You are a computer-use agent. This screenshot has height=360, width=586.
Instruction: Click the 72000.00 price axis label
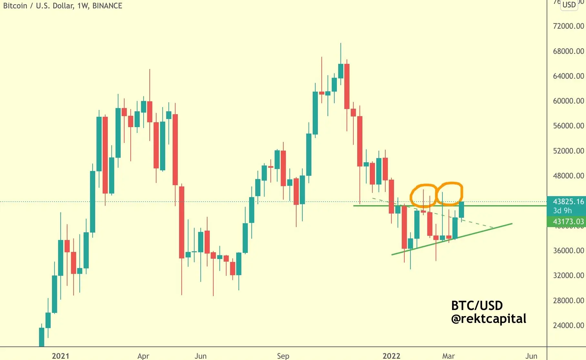568,26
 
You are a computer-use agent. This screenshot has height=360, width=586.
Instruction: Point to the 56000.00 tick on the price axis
568,126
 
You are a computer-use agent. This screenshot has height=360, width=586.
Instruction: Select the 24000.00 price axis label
568,325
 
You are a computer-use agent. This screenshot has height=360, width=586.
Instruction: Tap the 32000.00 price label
568,275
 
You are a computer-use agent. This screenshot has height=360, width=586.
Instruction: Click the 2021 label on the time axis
60,356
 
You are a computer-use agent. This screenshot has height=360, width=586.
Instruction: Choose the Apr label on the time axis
143,356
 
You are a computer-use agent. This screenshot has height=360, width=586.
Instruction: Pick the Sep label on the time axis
283,356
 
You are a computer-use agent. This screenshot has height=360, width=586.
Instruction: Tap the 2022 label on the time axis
391,356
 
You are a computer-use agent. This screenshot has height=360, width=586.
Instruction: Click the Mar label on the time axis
448,356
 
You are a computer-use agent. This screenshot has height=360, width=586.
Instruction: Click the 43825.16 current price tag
568,202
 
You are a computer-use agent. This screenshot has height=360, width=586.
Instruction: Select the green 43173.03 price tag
568,222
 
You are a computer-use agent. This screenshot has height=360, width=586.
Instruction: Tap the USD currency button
569,5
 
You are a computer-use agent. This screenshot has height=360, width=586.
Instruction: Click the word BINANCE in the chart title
107,6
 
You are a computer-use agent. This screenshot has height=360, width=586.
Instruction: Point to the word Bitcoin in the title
15,6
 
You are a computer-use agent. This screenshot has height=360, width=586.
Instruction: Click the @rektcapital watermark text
489,319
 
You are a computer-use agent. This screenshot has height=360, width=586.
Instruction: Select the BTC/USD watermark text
477,305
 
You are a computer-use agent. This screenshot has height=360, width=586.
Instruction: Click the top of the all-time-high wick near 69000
341,44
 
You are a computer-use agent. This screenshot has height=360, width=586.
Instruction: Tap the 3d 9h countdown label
562,211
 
